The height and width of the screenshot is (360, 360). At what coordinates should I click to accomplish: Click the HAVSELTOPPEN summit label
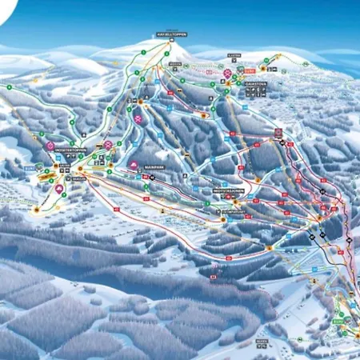point(170,35)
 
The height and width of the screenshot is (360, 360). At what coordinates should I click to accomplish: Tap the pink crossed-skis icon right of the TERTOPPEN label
point(109,144)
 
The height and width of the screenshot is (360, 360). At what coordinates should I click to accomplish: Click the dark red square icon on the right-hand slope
point(278,131)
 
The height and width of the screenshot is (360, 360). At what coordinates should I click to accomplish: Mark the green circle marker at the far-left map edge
point(6,86)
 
